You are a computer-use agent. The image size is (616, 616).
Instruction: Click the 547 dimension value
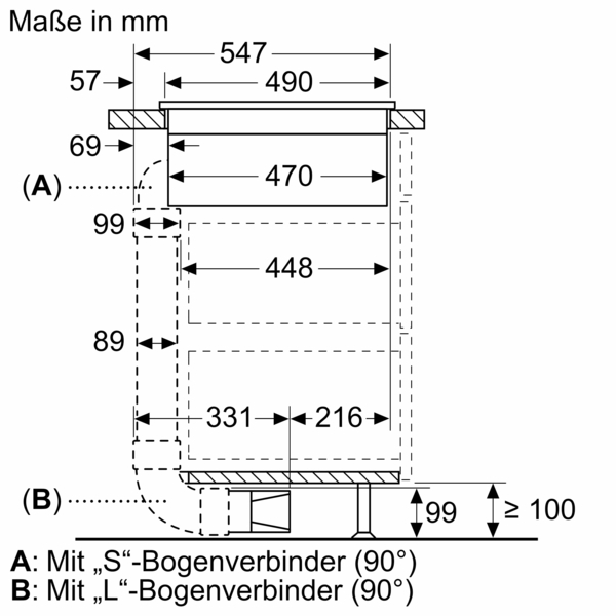pos(243,53)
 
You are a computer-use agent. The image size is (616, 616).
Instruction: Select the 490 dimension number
pos(288,82)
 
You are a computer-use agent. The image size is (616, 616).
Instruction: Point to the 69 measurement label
pos(85,146)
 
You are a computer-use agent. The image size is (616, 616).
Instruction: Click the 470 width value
pos(288,176)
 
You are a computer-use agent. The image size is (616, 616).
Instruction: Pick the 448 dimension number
pos(288,268)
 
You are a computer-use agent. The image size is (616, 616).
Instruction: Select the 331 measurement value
pos(229,417)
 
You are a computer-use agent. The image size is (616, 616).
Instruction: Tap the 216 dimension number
pos(339,417)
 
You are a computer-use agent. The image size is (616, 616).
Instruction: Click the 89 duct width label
pos(109,341)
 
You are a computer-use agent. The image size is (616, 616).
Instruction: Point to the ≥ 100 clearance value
pos(540,510)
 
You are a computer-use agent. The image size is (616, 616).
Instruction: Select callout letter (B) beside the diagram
pos(42,501)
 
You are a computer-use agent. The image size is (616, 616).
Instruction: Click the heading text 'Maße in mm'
pos(89,22)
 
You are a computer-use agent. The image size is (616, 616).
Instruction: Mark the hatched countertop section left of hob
pos(138,120)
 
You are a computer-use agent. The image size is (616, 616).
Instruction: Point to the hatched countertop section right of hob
pos(407,120)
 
